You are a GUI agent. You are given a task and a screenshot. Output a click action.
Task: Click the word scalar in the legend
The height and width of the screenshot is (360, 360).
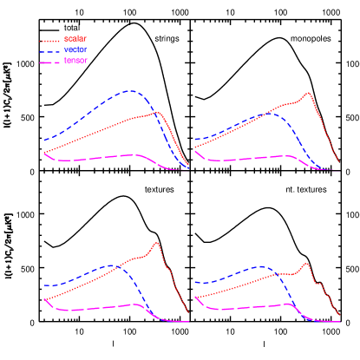(75, 39)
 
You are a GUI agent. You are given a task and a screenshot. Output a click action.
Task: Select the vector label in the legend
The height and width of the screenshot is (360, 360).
(75, 50)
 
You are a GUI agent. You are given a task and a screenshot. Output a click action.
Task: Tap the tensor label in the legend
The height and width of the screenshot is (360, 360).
(75, 61)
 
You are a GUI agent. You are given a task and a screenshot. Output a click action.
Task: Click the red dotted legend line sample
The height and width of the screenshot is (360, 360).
(50, 40)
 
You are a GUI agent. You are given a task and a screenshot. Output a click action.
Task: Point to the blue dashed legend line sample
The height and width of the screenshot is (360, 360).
(50, 51)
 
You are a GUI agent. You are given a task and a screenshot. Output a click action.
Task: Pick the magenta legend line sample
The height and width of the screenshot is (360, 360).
(50, 62)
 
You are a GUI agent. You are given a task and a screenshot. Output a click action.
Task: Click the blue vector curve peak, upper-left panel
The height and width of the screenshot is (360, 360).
(130, 89)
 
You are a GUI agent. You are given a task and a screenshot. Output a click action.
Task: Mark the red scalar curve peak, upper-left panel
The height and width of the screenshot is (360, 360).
(157, 112)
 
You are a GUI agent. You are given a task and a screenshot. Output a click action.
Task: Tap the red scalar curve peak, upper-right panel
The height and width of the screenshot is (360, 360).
(308, 92)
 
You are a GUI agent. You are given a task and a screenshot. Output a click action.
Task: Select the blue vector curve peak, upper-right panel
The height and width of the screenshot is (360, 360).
(270, 113)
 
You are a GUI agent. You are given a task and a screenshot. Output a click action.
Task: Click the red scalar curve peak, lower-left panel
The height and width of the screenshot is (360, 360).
(156, 243)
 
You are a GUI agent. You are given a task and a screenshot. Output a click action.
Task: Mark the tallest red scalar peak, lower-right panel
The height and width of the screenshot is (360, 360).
(306, 263)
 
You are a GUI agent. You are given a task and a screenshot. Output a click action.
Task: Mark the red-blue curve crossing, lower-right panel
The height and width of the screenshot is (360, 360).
(279, 275)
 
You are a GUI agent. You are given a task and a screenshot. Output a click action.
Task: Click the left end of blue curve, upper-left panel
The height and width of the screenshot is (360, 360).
(44, 139)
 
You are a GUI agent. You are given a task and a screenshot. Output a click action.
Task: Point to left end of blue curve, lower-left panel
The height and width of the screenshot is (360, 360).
(44, 285)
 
